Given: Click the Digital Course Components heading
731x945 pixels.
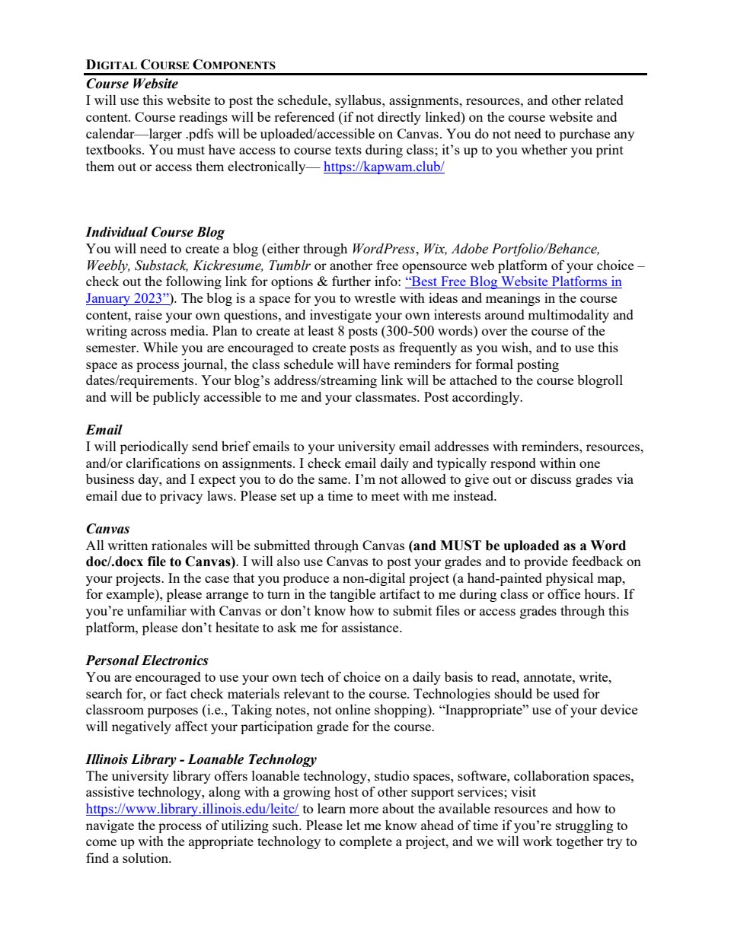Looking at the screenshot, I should [x=180, y=65].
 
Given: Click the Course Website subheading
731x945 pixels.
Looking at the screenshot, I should [x=132, y=84].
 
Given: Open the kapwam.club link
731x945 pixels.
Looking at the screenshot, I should [x=384, y=167].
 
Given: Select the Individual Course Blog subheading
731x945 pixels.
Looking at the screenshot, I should [x=155, y=232].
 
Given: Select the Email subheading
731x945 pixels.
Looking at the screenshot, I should [x=104, y=430].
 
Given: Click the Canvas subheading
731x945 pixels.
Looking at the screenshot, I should [x=107, y=529].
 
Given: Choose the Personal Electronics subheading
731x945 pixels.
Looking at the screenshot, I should [x=146, y=660].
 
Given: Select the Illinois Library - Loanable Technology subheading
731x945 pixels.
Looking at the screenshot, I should [x=201, y=759].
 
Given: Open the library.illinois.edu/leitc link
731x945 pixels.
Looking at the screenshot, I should [x=192, y=809].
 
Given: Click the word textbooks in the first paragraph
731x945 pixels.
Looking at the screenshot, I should [x=114, y=150].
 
